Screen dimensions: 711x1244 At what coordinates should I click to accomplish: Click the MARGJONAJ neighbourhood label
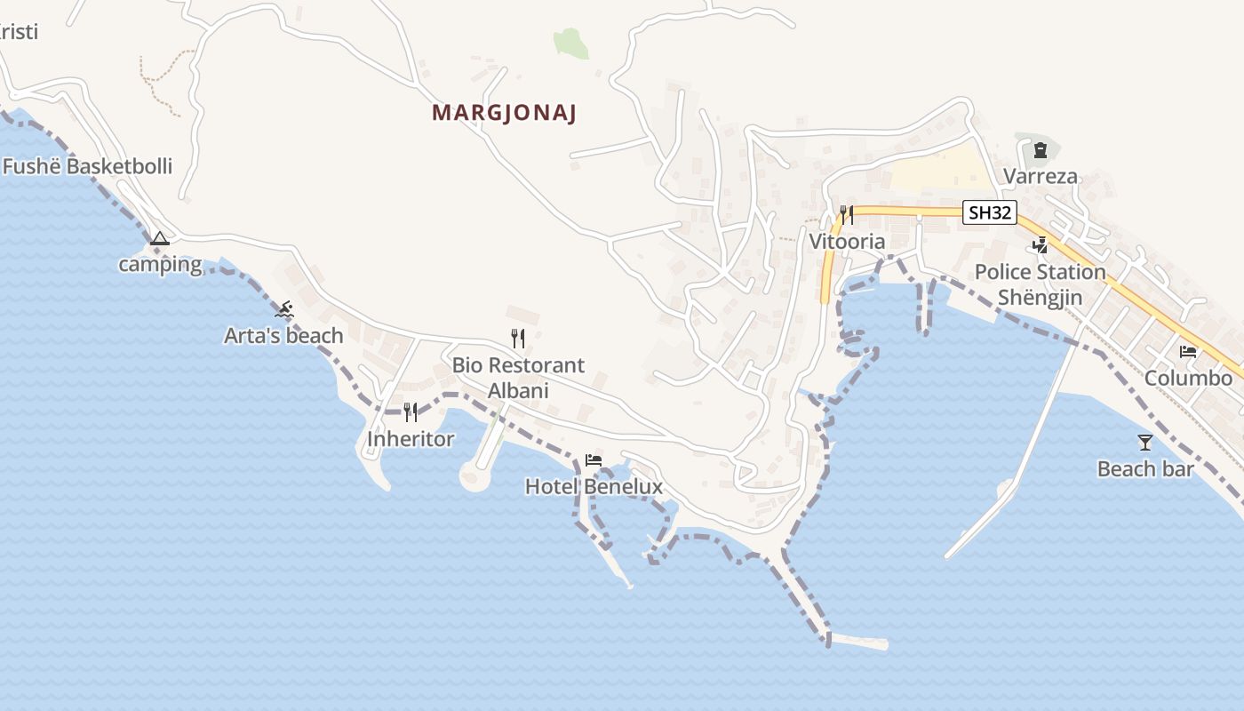[505, 114]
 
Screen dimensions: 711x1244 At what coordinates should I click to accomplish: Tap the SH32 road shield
[990, 212]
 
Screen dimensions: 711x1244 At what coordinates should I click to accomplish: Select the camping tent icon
[159, 238]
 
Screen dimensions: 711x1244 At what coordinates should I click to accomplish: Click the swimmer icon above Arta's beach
[284, 309]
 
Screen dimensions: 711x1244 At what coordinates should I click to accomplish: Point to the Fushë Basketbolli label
[87, 166]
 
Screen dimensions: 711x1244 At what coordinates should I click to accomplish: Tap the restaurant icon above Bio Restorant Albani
[518, 338]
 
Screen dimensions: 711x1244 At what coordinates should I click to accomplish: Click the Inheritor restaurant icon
[411, 412]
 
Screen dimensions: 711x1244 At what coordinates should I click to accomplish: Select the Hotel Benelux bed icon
[594, 460]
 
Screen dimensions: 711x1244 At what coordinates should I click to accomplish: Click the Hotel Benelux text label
[594, 486]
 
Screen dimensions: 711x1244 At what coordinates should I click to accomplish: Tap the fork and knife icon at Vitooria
[846, 214]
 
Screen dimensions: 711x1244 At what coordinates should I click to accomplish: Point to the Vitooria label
[847, 242]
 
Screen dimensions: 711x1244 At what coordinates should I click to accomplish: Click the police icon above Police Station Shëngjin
[1040, 244]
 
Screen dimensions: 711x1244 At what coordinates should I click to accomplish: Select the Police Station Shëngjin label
[1041, 284]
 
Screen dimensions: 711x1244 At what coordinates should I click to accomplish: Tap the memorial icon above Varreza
[1041, 150]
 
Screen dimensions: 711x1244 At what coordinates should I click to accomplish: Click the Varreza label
[1041, 176]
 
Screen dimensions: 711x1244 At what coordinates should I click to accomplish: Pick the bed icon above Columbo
[1188, 351]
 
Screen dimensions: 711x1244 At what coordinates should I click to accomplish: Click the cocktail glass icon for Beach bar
[1145, 442]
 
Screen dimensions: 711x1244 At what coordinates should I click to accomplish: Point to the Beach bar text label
[1145, 469]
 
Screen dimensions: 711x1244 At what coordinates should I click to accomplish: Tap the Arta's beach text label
[283, 336]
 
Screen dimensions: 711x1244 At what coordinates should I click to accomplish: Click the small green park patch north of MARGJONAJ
[571, 42]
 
